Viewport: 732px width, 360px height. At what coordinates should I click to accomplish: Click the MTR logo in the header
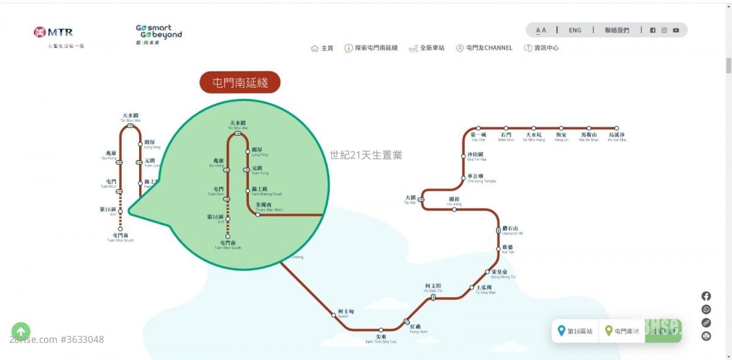(x=54, y=32)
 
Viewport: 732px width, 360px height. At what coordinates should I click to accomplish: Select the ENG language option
(x=575, y=30)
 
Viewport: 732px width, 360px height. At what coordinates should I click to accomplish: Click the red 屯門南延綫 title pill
(x=240, y=82)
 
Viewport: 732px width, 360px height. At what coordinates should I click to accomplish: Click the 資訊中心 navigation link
(x=541, y=48)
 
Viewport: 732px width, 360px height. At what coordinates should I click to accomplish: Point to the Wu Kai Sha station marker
(x=616, y=128)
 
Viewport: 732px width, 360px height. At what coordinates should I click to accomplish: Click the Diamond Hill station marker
(x=498, y=231)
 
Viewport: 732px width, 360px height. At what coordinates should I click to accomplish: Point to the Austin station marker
(x=334, y=315)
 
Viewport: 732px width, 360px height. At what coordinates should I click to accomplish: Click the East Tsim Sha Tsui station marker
(x=381, y=329)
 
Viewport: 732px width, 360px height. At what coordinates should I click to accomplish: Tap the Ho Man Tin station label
(x=434, y=288)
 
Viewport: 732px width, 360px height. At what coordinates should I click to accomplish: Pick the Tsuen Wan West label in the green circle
(x=269, y=207)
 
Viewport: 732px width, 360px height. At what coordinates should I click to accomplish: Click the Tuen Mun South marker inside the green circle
(x=228, y=236)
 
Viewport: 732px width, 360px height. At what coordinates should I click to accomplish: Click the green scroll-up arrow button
(x=21, y=331)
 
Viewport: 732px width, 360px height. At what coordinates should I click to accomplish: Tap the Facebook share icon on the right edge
(x=706, y=296)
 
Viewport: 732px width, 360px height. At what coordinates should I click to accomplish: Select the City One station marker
(x=478, y=128)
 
